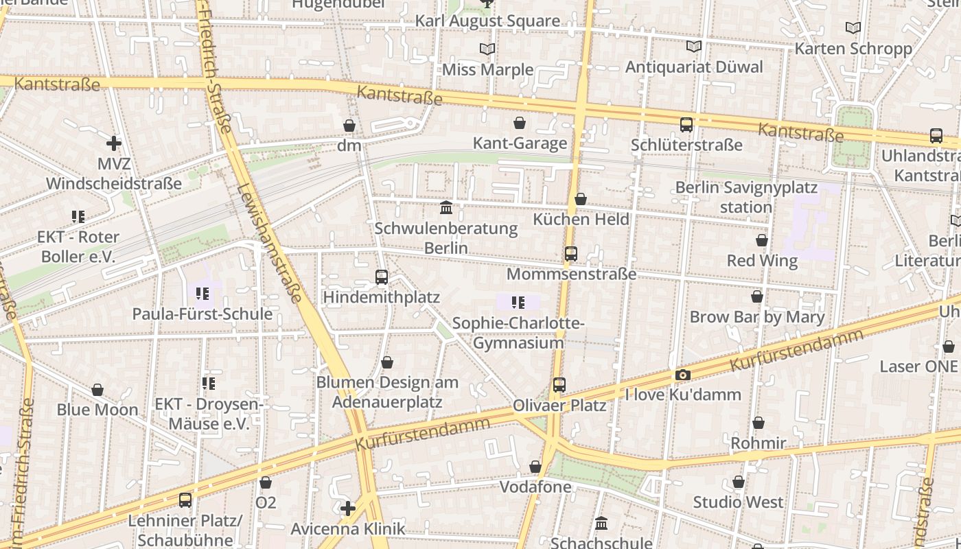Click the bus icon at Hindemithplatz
(x=382, y=277)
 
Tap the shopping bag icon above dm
(x=349, y=126)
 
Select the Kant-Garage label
(x=520, y=143)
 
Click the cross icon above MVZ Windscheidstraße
(x=114, y=143)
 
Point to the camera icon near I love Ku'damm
(x=682, y=375)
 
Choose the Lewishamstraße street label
(x=269, y=244)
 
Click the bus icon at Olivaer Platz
(x=559, y=385)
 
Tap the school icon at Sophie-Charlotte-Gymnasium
(x=518, y=302)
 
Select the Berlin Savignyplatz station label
(x=746, y=197)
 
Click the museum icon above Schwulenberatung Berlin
(x=447, y=207)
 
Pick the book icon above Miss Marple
(x=487, y=49)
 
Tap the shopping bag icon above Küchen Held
(x=581, y=199)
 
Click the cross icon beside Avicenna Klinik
(x=348, y=509)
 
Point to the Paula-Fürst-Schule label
(x=202, y=314)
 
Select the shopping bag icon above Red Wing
(x=761, y=240)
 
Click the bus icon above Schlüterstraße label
(x=686, y=125)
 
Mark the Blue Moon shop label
(x=97, y=410)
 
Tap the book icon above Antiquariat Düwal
(x=694, y=47)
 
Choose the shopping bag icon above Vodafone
(x=535, y=467)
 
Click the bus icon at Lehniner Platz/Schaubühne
(x=185, y=500)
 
